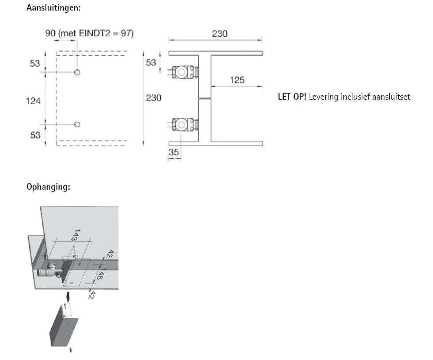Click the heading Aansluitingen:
pos(53,8)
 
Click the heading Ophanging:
pos(48,187)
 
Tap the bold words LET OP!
pos(292,97)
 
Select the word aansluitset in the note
pos(391,97)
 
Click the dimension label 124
pos(33,101)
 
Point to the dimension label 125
pos(237,80)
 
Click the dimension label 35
pos(174,152)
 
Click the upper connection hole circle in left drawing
pos(77,72)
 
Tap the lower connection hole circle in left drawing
pos(77,124)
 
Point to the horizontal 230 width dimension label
pos(220,34)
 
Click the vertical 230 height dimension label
pos(154,98)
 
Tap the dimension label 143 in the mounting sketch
pos(75,235)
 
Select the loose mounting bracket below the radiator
pos(64,326)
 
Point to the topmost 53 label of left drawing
pos(35,64)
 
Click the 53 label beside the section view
pos(151,63)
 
